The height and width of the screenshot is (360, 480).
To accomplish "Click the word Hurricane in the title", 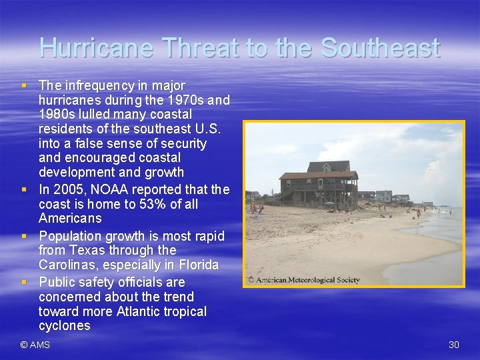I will coord(97,48).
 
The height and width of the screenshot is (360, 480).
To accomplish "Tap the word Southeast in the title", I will coord(380,48).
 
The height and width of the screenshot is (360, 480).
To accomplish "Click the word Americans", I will coord(70,219).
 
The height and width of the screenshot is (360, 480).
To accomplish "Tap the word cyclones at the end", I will coord(65,325).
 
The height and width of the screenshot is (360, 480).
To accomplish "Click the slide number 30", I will coord(454,345).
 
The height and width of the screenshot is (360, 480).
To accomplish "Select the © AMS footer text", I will coord(35,345).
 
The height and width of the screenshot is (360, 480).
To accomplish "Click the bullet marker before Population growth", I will coord(24,235).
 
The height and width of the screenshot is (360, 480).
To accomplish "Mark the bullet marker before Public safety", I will coord(24,281).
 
